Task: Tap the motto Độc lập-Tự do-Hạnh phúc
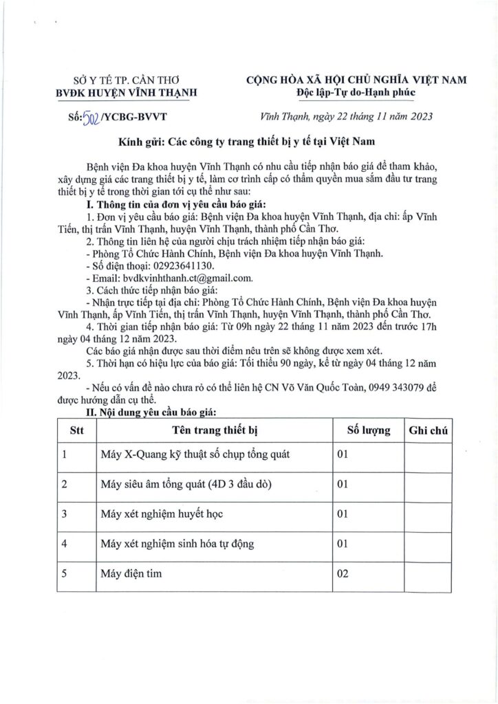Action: pyautogui.click(x=357, y=93)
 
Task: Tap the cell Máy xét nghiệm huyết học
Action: pyautogui.click(x=160, y=514)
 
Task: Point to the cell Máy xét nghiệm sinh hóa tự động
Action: pyautogui.click(x=177, y=544)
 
